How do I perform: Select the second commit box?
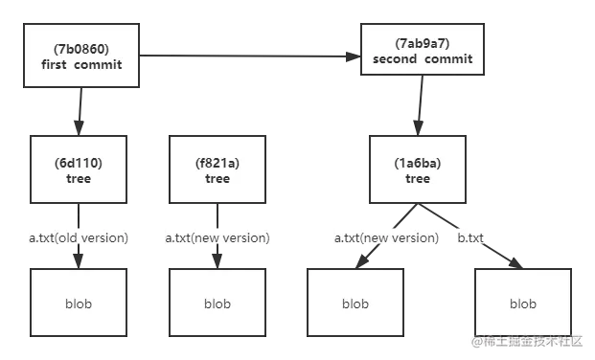(417, 51)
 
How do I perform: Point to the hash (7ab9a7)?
(417, 43)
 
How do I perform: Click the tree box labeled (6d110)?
(80, 169)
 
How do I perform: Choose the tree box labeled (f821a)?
(217, 169)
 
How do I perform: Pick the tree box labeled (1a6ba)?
(417, 169)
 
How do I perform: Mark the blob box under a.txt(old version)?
(80, 304)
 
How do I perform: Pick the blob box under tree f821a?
(217, 304)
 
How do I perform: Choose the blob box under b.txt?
(522, 304)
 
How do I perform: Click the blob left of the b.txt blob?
(355, 304)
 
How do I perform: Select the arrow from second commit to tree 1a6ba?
(419, 105)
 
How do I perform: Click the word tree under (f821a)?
(217, 179)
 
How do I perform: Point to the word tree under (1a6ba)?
(418, 179)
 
